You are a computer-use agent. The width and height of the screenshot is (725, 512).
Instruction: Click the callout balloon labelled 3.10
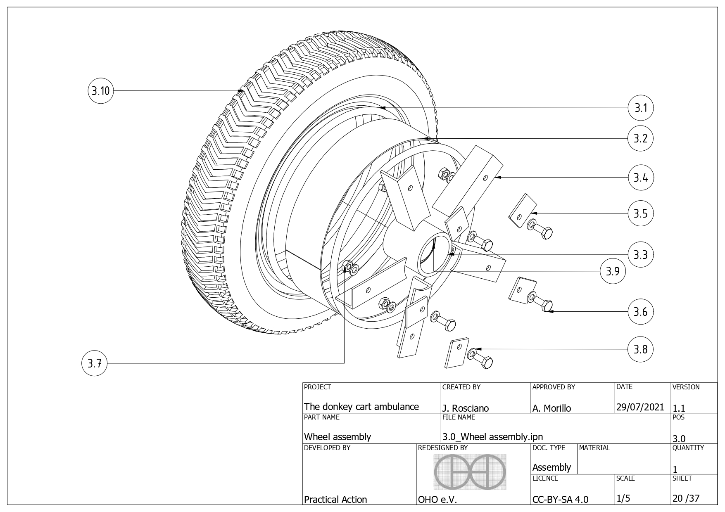[x=100, y=91]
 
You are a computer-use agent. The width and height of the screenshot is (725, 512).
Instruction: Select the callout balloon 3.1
[x=641, y=108]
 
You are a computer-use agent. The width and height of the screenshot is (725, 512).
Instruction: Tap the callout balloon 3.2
[x=641, y=138]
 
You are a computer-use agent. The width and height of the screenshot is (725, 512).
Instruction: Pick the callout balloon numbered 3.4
[x=641, y=178]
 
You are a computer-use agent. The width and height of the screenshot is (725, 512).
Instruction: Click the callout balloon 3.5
[x=641, y=213]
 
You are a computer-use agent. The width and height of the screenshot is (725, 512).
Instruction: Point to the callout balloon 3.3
[x=641, y=254]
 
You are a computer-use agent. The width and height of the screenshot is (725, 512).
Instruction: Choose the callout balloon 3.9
[x=612, y=271]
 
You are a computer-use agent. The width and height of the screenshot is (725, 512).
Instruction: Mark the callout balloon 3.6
[x=641, y=311]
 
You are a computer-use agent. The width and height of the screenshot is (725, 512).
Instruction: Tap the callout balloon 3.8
[x=641, y=349]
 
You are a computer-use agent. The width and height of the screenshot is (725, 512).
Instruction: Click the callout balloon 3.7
[x=95, y=363]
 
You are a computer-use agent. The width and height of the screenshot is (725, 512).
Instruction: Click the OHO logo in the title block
[x=471, y=472]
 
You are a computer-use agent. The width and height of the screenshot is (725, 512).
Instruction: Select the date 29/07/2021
[x=640, y=407]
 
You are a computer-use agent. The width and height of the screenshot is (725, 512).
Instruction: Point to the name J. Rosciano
[x=466, y=408]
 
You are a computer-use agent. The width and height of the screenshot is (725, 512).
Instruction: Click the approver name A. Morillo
[x=552, y=408]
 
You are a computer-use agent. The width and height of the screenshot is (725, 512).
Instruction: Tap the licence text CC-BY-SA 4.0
[x=560, y=499]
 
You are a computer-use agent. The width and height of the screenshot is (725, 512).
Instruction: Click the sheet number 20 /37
[x=686, y=498]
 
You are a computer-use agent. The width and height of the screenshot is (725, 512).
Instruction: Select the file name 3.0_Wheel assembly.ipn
[x=492, y=437]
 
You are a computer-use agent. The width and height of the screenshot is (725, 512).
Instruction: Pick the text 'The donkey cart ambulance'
[x=361, y=407]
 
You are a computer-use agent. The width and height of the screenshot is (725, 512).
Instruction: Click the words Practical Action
[x=335, y=499]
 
